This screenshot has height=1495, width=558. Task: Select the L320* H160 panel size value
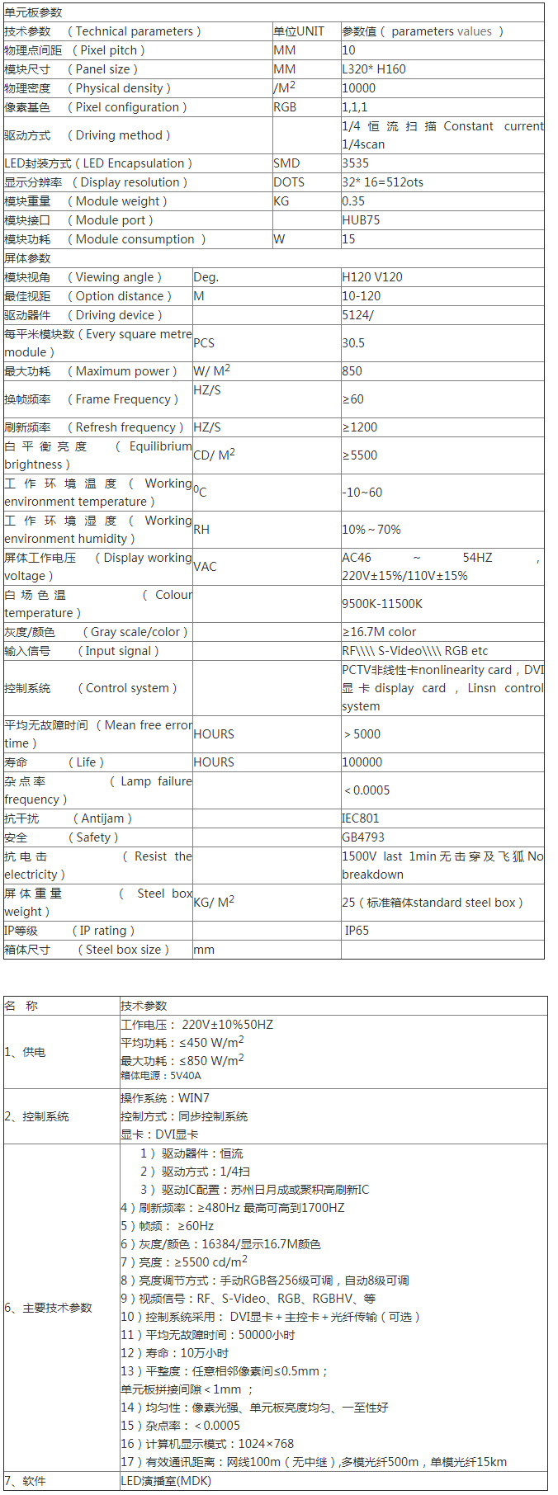coord(374,69)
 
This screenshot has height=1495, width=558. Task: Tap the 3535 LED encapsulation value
coord(356,163)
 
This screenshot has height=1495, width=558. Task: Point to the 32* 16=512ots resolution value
coord(382,182)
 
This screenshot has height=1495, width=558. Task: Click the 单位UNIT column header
coord(299,31)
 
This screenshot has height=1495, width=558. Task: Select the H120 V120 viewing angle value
coord(372,277)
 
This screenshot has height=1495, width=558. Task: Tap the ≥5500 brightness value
coord(360,455)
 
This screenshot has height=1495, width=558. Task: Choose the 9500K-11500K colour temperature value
coord(382,604)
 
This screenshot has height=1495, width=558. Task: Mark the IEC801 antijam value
coord(361,818)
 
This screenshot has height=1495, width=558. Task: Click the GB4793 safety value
coord(363,837)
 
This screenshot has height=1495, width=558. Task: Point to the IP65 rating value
coord(357,931)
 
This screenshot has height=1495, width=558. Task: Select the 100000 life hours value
coord(362,762)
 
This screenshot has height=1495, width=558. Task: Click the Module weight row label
coord(85,201)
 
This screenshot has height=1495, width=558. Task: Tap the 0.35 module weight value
coord(353,201)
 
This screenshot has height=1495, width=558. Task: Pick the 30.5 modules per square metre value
coord(353,343)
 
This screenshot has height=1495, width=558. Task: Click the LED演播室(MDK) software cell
coord(166,1481)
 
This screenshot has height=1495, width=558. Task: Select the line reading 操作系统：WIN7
coord(165,1098)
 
